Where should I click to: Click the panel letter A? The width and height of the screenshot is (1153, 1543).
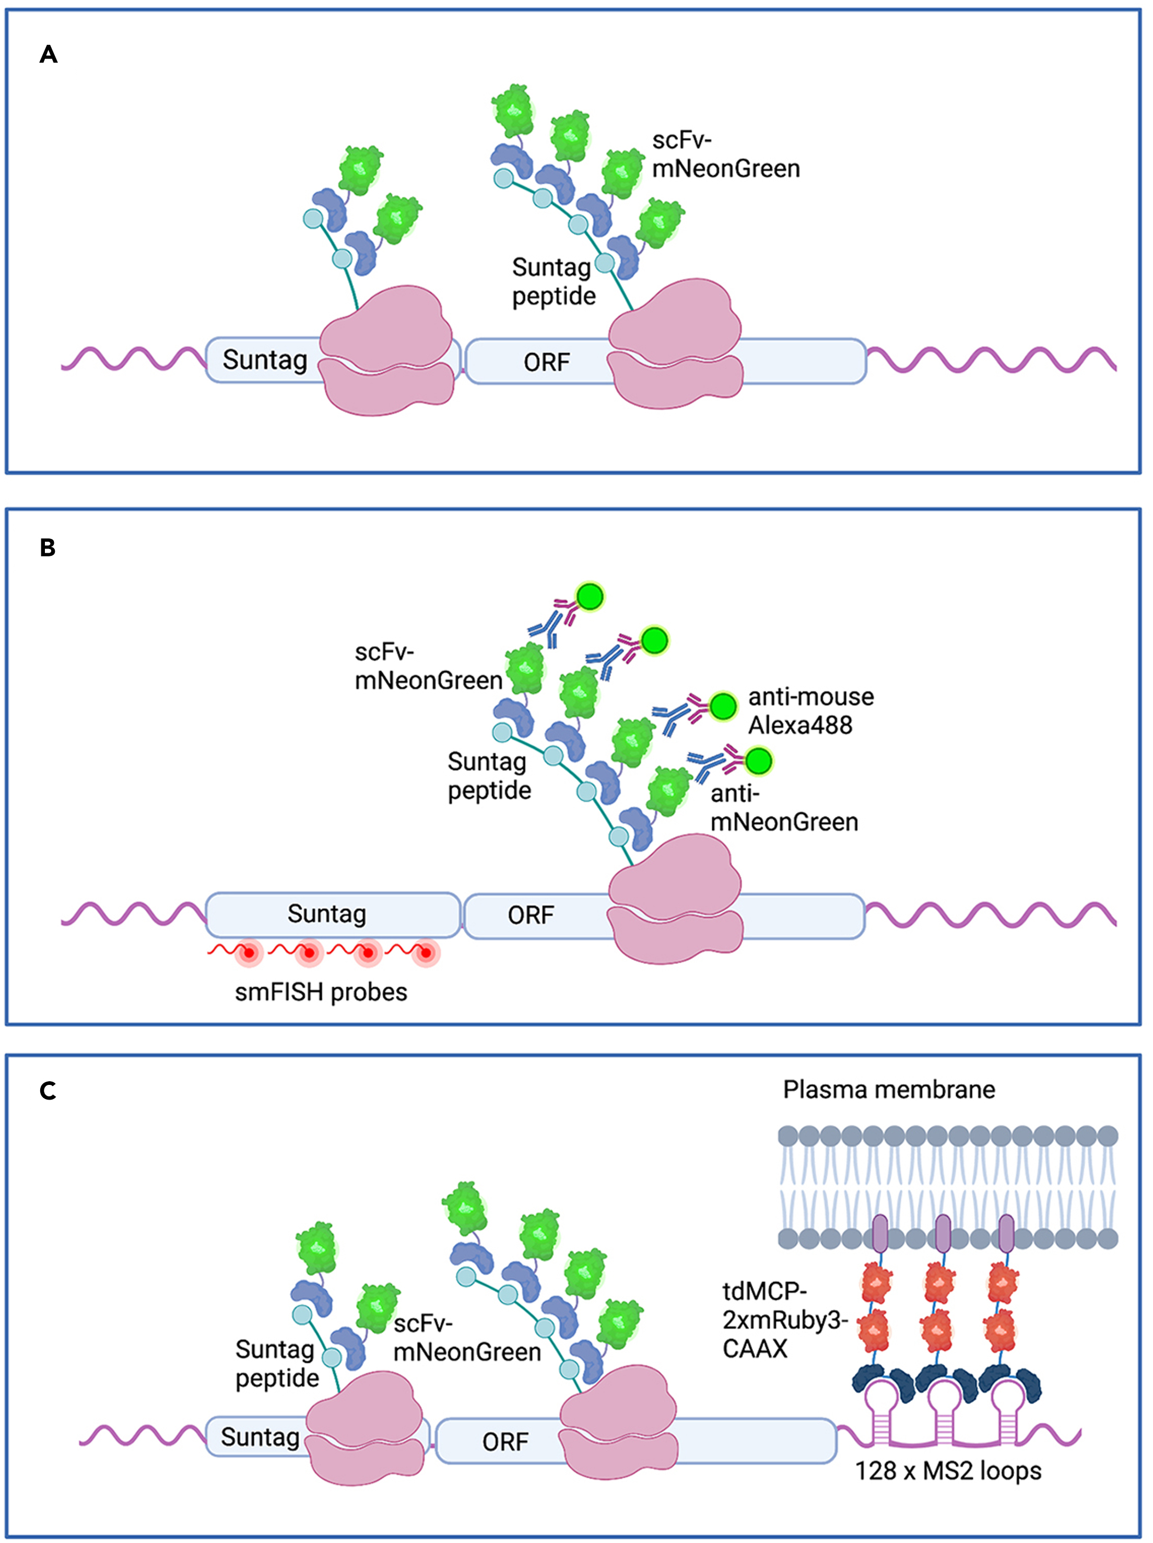coord(48,54)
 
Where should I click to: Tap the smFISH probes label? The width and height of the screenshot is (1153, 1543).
coord(321,991)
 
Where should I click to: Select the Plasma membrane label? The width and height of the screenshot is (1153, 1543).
coord(889,1089)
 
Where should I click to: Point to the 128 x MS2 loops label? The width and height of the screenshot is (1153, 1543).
coord(948,1470)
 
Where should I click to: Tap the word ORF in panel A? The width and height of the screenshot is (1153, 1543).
coord(547,362)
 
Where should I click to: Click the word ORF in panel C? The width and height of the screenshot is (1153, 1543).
coord(505,1442)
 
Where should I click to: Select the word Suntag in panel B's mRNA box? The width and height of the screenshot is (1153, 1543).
coord(326,914)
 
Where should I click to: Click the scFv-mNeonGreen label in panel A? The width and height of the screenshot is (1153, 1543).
coord(725,155)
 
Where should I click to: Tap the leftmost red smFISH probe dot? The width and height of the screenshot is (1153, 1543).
coord(249,953)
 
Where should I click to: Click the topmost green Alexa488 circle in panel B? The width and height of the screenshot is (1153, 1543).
coord(590,597)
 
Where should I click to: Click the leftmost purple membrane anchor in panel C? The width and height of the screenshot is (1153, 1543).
coord(879,1233)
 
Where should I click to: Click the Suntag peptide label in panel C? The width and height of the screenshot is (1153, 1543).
coord(276,1364)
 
